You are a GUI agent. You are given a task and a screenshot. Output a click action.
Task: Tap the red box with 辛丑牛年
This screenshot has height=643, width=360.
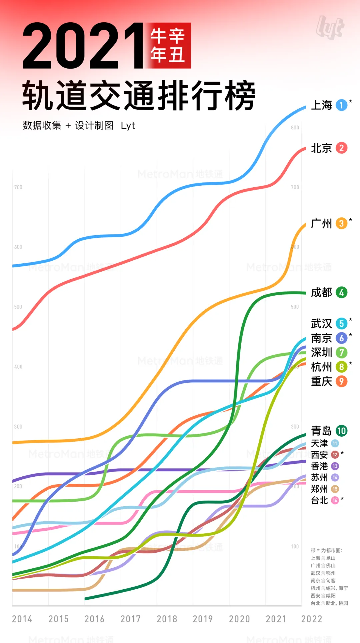click(168, 46)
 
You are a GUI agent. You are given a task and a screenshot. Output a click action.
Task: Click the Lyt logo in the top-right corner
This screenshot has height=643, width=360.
click(330, 28)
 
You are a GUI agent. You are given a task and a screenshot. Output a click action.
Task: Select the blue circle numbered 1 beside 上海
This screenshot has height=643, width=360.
click(341, 105)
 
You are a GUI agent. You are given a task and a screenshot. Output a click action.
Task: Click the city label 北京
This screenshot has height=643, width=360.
click(321, 148)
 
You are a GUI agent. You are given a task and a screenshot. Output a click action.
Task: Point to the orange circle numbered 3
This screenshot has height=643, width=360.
click(341, 223)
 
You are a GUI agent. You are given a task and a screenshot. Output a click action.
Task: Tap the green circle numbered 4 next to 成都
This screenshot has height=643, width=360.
click(341, 293)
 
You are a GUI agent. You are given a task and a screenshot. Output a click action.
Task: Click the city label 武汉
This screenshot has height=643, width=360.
click(321, 324)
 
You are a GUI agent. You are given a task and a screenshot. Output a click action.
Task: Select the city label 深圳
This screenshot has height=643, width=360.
click(321, 352)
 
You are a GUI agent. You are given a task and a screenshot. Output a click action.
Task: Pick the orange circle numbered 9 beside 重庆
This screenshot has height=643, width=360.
click(341, 381)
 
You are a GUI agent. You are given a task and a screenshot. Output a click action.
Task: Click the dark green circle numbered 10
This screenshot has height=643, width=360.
click(341, 431)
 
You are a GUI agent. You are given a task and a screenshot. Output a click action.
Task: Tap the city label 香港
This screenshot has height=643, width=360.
click(319, 466)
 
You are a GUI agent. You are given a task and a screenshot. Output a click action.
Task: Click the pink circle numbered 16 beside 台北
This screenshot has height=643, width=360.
click(335, 500)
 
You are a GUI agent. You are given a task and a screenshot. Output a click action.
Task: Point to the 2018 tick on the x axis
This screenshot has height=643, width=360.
click(167, 619)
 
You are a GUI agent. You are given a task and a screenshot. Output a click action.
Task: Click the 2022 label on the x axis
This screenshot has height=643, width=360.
click(312, 619)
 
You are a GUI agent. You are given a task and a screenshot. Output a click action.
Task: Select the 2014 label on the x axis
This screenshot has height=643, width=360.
click(22, 619)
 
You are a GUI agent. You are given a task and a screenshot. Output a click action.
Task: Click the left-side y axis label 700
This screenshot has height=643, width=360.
click(18, 187)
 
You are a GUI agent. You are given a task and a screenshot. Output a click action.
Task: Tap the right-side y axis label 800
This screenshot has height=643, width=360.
click(295, 128)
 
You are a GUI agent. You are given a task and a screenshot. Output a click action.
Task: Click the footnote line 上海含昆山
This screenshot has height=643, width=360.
click(323, 558)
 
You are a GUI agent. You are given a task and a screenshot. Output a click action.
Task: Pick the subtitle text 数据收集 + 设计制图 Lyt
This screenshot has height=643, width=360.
click(79, 126)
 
